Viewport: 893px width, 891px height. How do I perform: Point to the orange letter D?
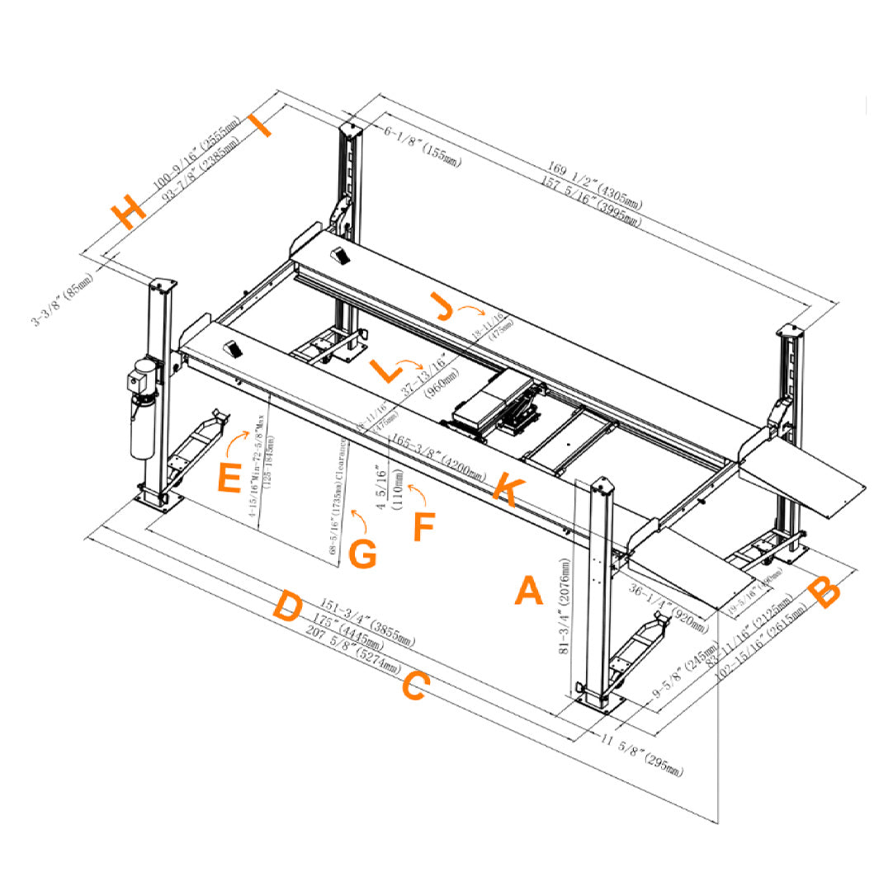pyautogui.click(x=287, y=606)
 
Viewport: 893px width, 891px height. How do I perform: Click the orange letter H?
pyautogui.click(x=129, y=213)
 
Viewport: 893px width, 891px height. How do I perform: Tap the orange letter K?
pyautogui.click(x=504, y=492)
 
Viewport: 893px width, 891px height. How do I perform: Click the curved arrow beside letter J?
pyautogui.click(x=474, y=311)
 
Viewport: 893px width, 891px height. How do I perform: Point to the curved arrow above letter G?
pyautogui.click(x=358, y=520)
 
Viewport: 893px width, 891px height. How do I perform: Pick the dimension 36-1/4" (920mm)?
pyautogui.click(x=669, y=609)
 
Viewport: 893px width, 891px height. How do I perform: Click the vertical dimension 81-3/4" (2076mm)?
pyautogui.click(x=565, y=606)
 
